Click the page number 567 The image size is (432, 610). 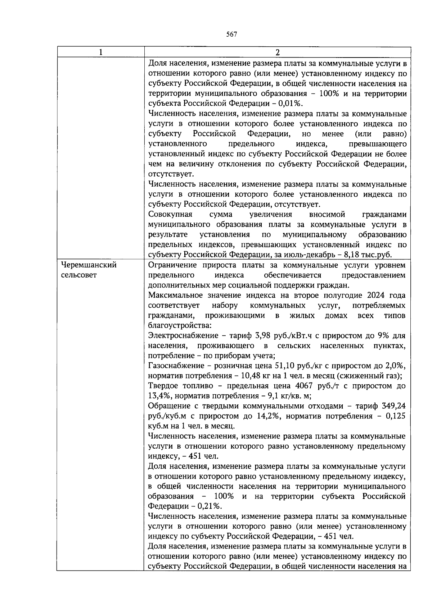(x=231, y=35)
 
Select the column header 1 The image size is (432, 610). (x=101, y=52)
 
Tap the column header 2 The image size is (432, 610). (x=277, y=52)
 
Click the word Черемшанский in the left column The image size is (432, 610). (x=89, y=265)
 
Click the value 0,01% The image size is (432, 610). (x=291, y=104)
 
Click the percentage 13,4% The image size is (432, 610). (x=158, y=396)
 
